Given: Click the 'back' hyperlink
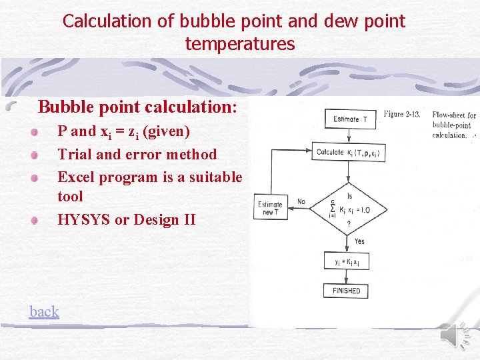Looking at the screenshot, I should click(x=44, y=311).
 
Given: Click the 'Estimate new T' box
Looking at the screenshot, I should click(x=270, y=209).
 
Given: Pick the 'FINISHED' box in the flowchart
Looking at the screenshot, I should click(x=346, y=291).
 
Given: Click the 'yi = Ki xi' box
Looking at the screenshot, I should click(x=347, y=262).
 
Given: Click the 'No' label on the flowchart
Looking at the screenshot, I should click(x=301, y=201).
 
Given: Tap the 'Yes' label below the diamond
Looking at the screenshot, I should click(x=359, y=241).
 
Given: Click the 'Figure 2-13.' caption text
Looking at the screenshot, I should click(x=402, y=114).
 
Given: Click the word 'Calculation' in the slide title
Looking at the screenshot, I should click(x=107, y=21).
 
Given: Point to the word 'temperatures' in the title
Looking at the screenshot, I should click(x=240, y=44).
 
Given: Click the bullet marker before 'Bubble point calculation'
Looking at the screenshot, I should click(x=11, y=106).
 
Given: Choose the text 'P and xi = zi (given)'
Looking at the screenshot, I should click(x=123, y=131).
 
